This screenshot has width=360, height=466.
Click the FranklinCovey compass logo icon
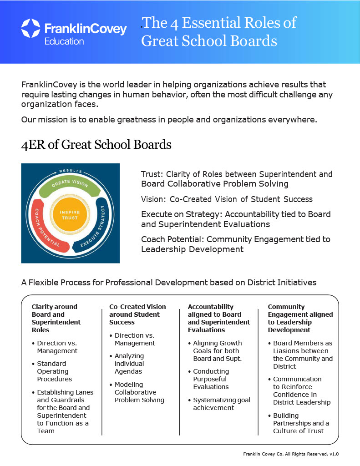[30, 28]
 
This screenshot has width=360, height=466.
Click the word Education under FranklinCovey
[64, 41]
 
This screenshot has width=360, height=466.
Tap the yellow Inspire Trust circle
[70, 215]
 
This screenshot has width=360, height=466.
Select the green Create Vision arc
[70, 186]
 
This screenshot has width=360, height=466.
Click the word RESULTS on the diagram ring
[71, 171]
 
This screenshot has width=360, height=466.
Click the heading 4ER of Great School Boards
[96, 145]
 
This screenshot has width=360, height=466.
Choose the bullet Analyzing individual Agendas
[127, 364]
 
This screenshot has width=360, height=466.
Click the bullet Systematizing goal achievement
[219, 404]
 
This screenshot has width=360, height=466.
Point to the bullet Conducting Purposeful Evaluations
[209, 379]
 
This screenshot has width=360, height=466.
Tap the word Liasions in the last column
[284, 351]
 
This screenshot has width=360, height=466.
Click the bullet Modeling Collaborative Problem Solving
[137, 392]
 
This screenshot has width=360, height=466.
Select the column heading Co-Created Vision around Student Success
[137, 314]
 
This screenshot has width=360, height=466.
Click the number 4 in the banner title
[174, 24]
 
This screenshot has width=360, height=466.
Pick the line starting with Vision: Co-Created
[227, 199]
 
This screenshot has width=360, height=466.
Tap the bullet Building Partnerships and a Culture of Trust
[299, 423]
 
